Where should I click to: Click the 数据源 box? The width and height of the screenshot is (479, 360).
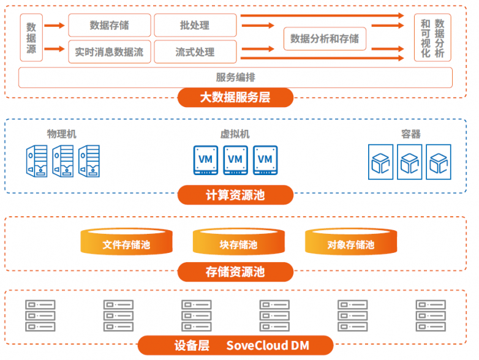(31, 38)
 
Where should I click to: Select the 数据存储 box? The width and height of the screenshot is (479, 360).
(109, 26)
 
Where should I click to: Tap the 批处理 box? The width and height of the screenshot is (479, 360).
(194, 26)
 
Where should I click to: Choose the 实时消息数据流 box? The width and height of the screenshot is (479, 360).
(109, 52)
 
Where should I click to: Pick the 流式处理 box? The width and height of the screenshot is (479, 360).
(194, 52)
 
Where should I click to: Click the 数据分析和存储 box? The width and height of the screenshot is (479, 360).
(324, 39)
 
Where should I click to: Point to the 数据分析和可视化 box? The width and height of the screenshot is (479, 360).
(432, 38)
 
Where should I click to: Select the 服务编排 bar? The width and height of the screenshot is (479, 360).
(235, 77)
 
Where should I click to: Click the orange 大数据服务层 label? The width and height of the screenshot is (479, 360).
(235, 97)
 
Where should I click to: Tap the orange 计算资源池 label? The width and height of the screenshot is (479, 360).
(235, 195)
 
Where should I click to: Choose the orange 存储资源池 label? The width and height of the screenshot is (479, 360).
(235, 271)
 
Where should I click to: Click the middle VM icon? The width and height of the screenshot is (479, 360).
(235, 160)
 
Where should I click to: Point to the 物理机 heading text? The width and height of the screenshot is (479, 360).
(62, 133)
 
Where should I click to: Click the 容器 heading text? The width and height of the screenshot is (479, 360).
(410, 134)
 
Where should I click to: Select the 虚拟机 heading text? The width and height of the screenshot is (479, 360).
(235, 134)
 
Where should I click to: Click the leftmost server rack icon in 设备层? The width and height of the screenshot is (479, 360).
(40, 315)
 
